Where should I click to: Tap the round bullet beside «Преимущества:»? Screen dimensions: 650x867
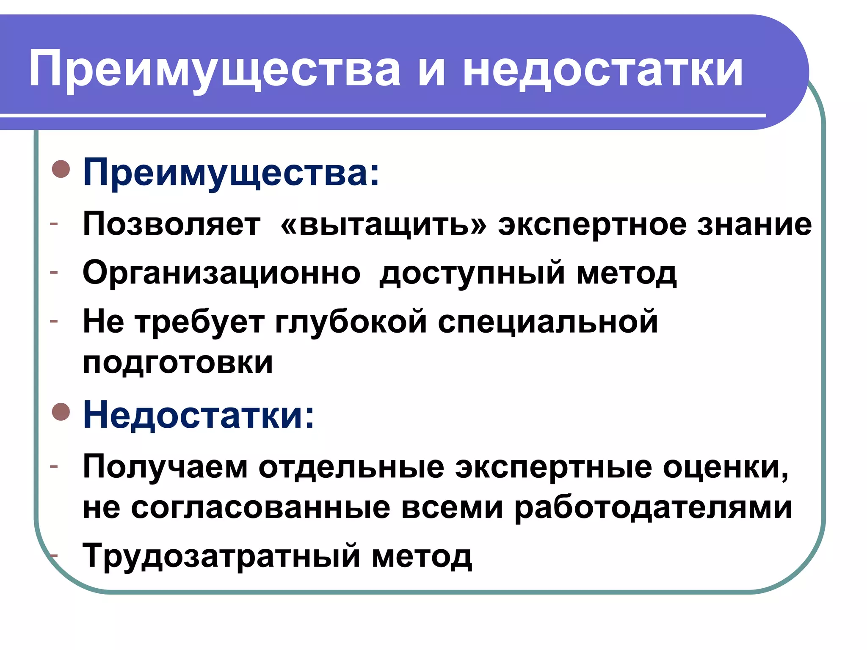(61, 169)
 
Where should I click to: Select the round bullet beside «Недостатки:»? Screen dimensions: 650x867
(61, 412)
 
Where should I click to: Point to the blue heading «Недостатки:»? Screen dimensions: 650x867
(199, 415)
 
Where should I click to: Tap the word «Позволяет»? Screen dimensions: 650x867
(171, 224)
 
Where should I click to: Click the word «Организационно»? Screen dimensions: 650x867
(221, 273)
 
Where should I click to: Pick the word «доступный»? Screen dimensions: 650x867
(472, 273)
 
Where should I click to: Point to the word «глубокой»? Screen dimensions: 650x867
(351, 322)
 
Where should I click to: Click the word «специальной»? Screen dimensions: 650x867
(548, 322)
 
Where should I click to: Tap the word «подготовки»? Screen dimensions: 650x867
(178, 363)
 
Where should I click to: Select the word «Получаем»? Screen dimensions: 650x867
(165, 467)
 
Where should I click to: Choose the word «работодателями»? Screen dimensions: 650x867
(653, 507)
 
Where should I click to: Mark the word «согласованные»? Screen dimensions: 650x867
(260, 507)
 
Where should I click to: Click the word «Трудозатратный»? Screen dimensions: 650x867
(221, 556)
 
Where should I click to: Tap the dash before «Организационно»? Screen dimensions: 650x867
(54, 272)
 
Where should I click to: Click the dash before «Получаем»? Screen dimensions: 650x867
(54, 466)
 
